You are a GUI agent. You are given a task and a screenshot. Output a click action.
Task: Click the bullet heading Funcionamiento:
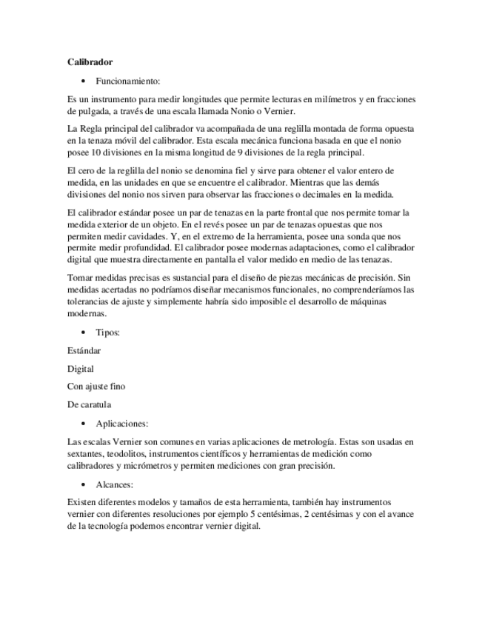click(127, 80)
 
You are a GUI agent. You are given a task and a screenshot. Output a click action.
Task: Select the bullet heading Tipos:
click(108, 332)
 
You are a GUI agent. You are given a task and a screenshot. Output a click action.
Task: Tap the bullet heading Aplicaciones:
click(122, 424)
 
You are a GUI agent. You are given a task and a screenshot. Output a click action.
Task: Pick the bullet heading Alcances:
click(115, 484)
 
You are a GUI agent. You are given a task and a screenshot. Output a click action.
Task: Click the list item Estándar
click(84, 350)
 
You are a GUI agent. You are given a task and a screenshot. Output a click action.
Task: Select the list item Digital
click(80, 368)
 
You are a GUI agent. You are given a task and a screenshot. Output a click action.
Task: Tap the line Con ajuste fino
click(96, 387)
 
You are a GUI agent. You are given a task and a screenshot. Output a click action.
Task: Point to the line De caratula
click(89, 404)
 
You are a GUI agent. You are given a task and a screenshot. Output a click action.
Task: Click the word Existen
click(82, 501)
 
